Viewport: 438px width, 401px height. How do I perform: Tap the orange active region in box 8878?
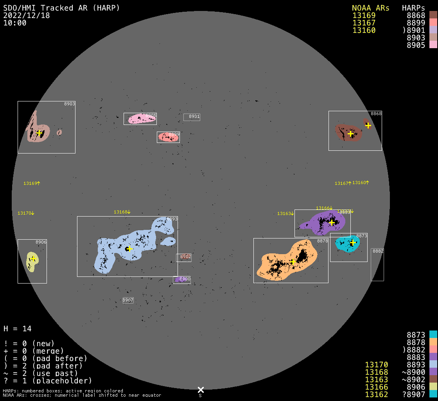coord(287,262)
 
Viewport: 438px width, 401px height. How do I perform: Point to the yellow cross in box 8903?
coord(39,133)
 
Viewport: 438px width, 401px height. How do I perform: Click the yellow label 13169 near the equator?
coord(32,183)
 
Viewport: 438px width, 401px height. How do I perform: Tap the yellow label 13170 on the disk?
coord(26,213)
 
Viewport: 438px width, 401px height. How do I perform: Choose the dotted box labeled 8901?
coord(192,117)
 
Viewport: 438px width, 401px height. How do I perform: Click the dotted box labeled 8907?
coord(128,300)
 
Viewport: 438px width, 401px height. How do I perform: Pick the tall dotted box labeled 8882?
coord(377,265)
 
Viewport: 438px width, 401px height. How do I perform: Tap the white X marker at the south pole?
coord(201,390)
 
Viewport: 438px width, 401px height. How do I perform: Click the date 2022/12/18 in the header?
coord(27,15)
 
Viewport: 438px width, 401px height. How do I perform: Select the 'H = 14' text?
coord(17,329)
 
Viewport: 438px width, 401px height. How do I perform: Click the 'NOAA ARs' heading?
coord(370,8)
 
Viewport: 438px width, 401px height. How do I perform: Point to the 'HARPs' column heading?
coord(413,8)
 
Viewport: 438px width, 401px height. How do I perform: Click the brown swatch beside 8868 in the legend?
coord(433,15)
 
